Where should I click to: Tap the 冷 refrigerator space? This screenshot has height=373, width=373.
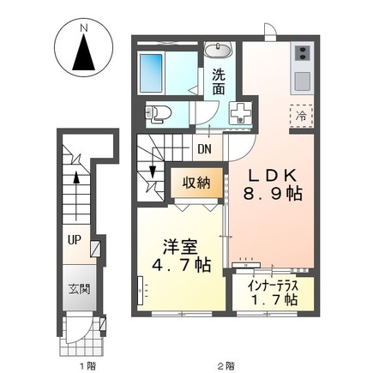[x=302, y=114]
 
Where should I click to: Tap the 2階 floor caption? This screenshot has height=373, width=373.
[x=226, y=364]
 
